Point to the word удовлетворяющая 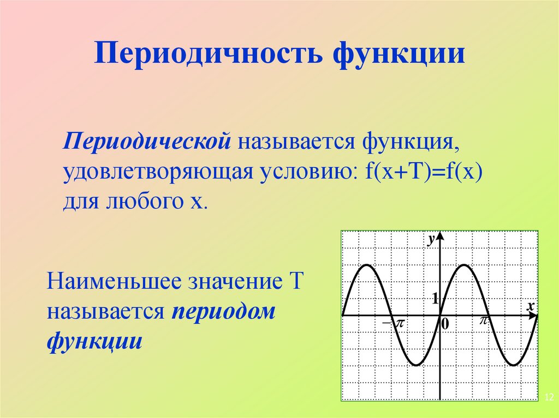pos(158,173)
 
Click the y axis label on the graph pos(431,238)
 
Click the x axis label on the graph pos(530,306)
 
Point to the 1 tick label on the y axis pos(435,298)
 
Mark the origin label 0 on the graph pos(445,324)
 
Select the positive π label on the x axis pos(483,321)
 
